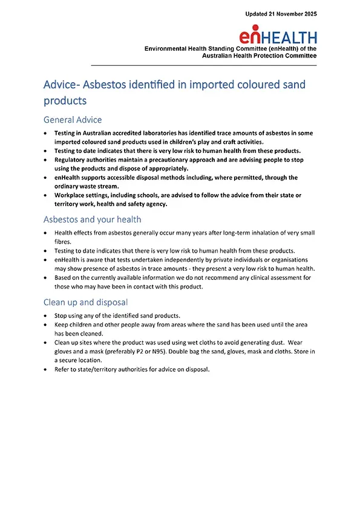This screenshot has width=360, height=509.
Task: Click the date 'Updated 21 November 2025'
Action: tap(281, 13)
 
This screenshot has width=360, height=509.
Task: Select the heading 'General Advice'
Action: tap(73, 120)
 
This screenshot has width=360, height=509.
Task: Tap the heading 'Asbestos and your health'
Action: tap(93, 219)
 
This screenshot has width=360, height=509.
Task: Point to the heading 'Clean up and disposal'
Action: tap(85, 302)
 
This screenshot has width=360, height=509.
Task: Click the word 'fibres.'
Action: tap(64, 242)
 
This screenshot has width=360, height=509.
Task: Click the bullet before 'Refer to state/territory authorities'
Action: tap(46, 370)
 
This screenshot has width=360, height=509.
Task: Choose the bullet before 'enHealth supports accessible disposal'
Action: tap(46, 178)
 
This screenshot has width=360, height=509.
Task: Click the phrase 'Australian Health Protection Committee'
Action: tap(260, 56)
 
